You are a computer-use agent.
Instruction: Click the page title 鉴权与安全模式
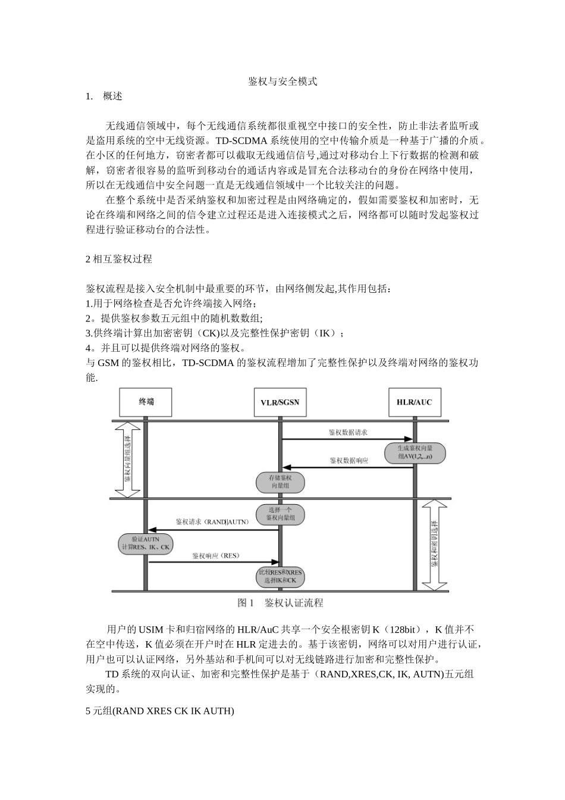coord(282,82)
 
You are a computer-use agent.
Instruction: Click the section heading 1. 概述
coord(104,96)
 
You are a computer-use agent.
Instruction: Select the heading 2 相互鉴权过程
coord(119,259)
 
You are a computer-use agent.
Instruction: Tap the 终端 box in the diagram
coord(146,402)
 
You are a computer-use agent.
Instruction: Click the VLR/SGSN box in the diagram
coord(280,402)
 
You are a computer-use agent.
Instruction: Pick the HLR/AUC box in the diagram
coord(414,402)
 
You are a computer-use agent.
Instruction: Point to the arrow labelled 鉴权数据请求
coord(347,439)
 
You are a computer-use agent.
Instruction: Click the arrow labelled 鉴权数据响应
coord(347,467)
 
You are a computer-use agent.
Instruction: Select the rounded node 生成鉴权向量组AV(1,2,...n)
coord(415,453)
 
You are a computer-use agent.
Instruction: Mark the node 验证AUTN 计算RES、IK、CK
coord(146,543)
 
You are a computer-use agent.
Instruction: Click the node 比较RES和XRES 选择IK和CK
coord(280,576)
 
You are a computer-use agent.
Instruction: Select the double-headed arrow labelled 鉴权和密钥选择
coord(434,545)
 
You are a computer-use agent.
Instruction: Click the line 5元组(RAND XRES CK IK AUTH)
coord(160,711)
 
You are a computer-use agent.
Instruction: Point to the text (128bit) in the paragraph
coord(403,630)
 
